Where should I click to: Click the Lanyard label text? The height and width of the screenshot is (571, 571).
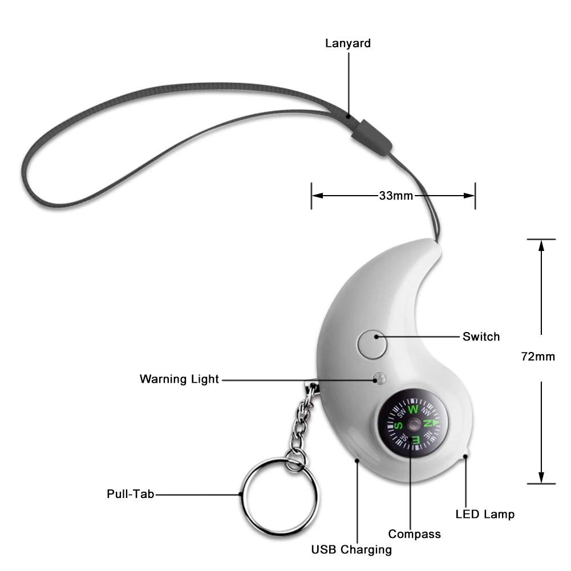[x=348, y=43]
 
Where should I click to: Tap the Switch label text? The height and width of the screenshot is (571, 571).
[x=481, y=337]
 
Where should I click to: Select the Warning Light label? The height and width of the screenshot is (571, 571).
[x=179, y=379]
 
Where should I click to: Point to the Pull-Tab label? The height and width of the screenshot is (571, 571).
[x=130, y=494]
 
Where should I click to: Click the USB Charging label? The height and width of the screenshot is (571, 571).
[x=351, y=550]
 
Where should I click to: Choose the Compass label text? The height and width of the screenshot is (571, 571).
[x=415, y=534]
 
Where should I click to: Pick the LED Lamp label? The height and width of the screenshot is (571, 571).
[x=485, y=514]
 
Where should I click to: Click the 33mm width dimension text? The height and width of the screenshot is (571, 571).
[x=396, y=196]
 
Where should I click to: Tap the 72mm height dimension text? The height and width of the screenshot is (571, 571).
[x=538, y=357]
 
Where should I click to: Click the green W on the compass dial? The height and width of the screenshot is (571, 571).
[x=413, y=410]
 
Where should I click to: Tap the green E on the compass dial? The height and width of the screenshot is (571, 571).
[x=416, y=439]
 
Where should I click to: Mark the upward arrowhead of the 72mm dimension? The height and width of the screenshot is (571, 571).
[x=541, y=245]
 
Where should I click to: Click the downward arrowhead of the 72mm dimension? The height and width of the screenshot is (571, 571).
[x=541, y=478]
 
